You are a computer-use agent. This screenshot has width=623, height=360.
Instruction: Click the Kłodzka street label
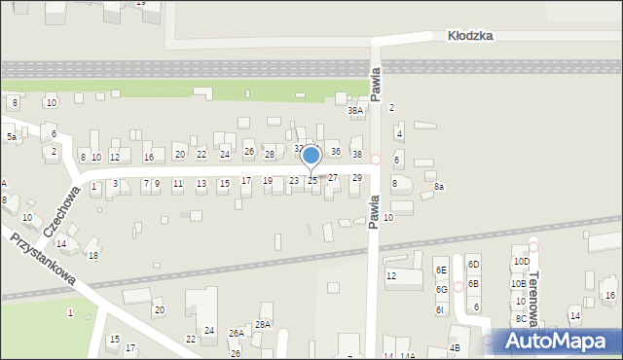[x=470, y=35]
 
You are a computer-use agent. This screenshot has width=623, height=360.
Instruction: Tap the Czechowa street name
[x=61, y=212]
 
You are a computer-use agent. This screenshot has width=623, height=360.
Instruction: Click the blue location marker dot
[x=311, y=155]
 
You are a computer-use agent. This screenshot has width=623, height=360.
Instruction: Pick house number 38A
[x=355, y=111]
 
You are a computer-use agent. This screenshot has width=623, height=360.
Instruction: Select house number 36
[x=335, y=151]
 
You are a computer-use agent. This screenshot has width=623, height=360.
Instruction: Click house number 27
[x=332, y=178]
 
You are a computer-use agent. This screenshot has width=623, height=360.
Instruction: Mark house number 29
[x=357, y=177]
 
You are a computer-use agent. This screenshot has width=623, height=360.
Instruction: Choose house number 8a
[x=439, y=186]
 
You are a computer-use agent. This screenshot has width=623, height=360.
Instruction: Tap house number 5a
[x=12, y=137]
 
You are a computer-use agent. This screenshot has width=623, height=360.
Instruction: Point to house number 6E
[x=441, y=270]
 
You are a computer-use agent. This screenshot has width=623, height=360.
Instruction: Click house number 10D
[x=521, y=262]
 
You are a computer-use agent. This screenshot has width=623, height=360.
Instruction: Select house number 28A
[x=263, y=324]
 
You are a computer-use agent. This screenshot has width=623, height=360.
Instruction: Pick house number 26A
[x=237, y=333]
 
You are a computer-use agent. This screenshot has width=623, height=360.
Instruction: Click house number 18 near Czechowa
[x=93, y=255]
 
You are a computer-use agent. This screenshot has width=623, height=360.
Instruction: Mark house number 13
[x=201, y=183]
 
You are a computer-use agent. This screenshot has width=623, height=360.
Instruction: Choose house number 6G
[x=441, y=289]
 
